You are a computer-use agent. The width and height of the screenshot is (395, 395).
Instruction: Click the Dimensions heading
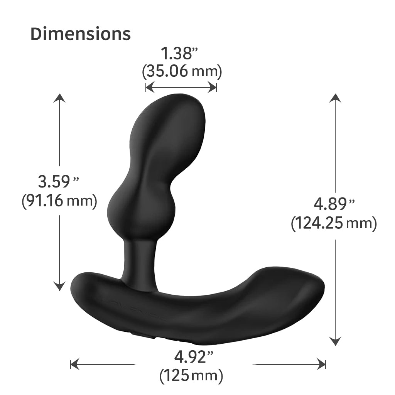[x=81, y=34]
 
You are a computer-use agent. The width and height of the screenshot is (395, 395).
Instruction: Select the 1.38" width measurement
[x=179, y=54]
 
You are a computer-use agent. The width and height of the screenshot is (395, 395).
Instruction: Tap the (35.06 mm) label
[x=182, y=71]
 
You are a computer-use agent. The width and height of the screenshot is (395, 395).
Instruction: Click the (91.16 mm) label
[x=59, y=201]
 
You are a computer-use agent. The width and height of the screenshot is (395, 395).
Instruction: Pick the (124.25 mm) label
[x=334, y=223]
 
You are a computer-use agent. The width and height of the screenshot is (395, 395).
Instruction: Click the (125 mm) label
[x=191, y=375]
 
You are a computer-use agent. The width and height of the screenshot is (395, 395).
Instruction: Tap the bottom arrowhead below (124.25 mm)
[x=335, y=341]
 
